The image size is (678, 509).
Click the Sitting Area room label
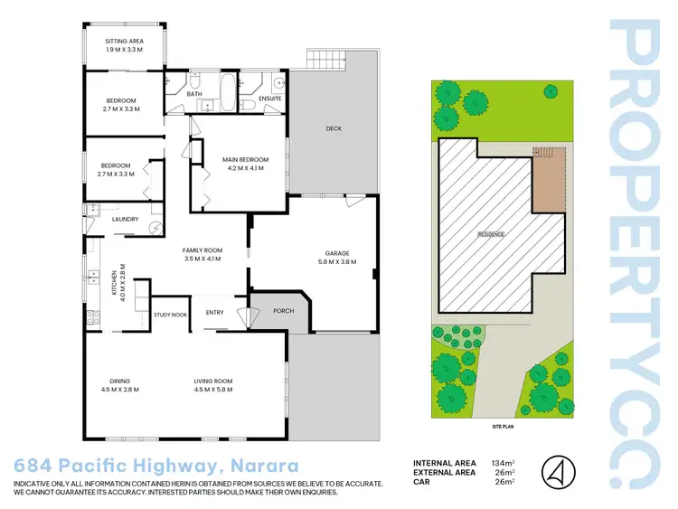tap(124, 42)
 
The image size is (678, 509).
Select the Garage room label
tap(338, 253)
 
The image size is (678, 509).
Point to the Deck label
tap(334, 128)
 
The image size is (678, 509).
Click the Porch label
tap(283, 311)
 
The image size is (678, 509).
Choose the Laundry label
tap(125, 219)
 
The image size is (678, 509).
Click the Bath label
tap(194, 94)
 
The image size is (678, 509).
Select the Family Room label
tap(202, 250)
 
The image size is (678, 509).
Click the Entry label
tap(214, 312)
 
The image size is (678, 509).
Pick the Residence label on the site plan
tap(491, 234)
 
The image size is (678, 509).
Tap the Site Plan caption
tap(503, 424)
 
